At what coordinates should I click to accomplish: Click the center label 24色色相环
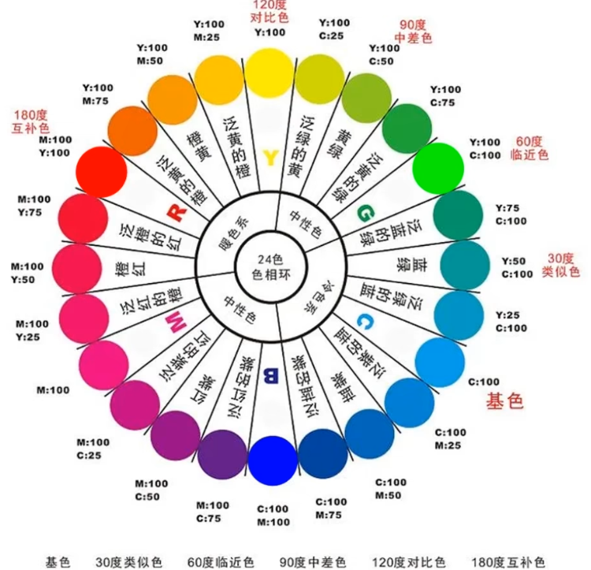click(x=272, y=266)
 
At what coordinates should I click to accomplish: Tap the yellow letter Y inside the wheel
click(x=270, y=158)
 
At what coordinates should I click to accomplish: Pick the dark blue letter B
click(x=270, y=375)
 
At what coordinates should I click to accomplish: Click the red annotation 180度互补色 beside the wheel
click(x=30, y=121)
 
